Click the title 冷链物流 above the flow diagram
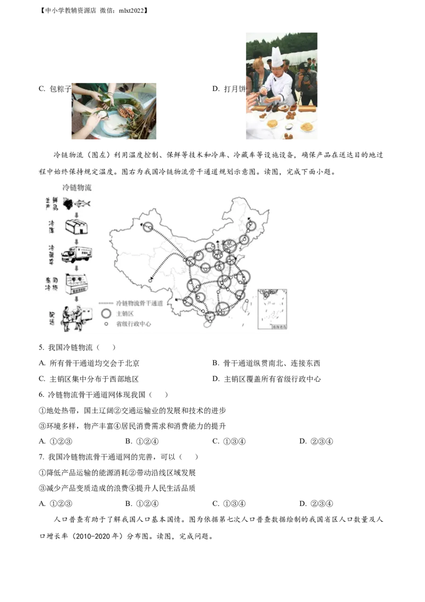77,187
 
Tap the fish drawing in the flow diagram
82,203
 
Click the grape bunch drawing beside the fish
69,203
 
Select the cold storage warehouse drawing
76,226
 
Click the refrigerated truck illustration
76,254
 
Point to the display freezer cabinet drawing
76,283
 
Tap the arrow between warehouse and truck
76,240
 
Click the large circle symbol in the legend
106,313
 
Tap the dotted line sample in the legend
106,303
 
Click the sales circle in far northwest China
147,228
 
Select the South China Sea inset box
272,310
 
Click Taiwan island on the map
245,306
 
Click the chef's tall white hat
277,57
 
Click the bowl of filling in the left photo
126,112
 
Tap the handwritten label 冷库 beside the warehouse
52,225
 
